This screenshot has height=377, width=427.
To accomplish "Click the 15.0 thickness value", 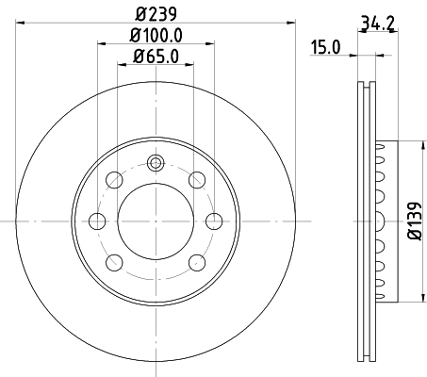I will (327, 45).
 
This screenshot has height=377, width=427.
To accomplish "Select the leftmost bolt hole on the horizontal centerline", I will (96, 221).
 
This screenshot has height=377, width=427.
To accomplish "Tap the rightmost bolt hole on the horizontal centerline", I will (215, 221).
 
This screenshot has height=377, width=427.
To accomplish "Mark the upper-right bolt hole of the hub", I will (196, 180).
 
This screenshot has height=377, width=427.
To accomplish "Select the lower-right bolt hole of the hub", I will (196, 263).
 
